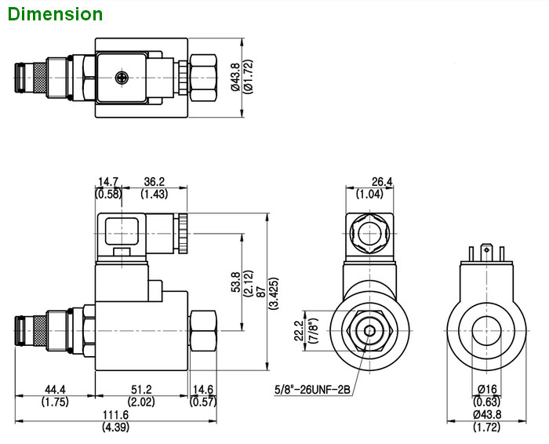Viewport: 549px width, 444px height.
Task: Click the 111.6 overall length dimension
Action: tap(115, 415)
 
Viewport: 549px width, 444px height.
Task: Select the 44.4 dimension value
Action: tap(54, 390)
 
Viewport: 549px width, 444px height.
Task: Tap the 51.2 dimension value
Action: tap(142, 390)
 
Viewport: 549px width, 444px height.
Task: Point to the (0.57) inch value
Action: tap(202, 402)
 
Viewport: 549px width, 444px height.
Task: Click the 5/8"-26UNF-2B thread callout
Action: tap(311, 388)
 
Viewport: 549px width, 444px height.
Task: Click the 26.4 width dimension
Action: tap(382, 183)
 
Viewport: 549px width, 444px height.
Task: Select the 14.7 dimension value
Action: tap(108, 182)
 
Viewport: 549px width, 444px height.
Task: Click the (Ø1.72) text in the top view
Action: tap(246, 78)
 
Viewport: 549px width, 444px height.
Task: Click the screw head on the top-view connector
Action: tap(121, 77)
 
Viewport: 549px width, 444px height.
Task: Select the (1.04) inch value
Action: tap(370, 194)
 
